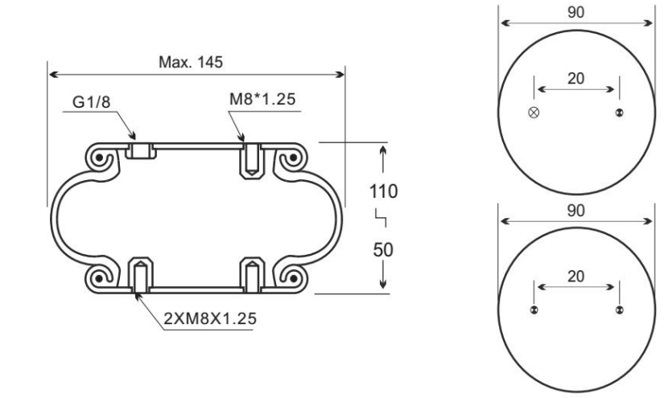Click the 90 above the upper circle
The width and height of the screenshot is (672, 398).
pyautogui.click(x=576, y=13)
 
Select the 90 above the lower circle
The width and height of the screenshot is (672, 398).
pyautogui.click(x=576, y=208)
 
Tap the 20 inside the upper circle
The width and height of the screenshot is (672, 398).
pyautogui.click(x=576, y=79)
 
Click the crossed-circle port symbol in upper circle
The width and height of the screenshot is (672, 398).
pyautogui.click(x=532, y=112)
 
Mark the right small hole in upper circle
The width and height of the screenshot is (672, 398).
pyautogui.click(x=619, y=112)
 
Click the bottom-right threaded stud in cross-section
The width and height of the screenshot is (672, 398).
pyautogui.click(x=252, y=274)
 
